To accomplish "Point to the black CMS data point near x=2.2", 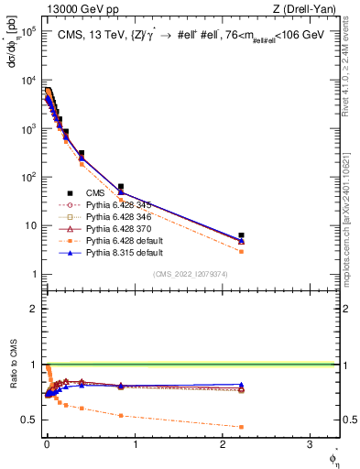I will coord(241,235).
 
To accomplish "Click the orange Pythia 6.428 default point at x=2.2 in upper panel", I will coord(241,251).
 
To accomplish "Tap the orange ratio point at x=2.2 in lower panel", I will coord(241,427).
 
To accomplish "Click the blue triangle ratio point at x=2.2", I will coord(241,385).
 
